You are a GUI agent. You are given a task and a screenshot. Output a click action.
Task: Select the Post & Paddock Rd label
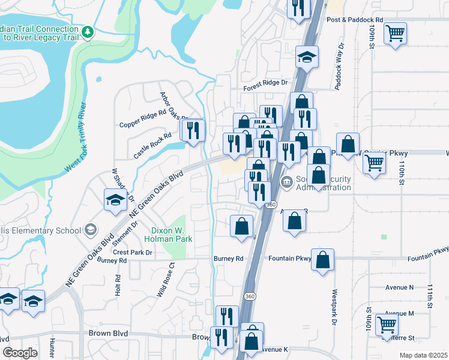(355, 20)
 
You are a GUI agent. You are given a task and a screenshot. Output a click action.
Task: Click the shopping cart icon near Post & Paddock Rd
(395, 33)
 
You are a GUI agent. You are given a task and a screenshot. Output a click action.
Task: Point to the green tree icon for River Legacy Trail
(88, 31)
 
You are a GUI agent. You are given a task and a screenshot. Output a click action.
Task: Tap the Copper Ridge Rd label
(142, 119)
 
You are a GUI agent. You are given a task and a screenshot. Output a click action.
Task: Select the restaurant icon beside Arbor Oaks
(193, 130)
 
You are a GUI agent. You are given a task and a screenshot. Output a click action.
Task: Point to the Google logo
(20, 353)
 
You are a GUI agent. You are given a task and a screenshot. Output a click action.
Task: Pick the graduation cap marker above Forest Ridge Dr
(307, 58)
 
